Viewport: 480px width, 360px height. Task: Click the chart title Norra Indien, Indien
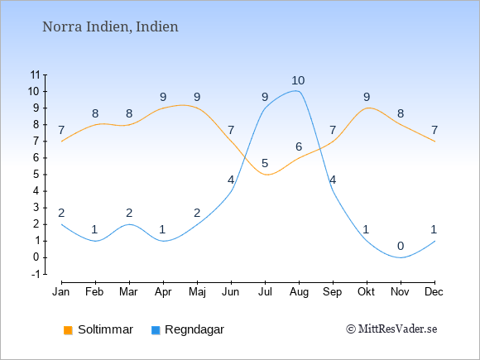[x=110, y=26]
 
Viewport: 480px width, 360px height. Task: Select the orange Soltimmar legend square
[x=68, y=330]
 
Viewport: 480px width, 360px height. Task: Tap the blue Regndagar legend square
[x=156, y=330]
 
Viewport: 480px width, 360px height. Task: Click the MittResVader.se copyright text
[x=391, y=329]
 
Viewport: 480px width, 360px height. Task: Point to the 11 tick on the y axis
[x=36, y=74]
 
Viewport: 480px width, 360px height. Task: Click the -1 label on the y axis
[x=36, y=274]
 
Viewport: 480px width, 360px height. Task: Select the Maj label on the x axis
[x=197, y=292]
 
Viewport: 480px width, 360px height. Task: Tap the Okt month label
[x=366, y=292]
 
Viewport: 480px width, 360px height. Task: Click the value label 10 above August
[x=298, y=81]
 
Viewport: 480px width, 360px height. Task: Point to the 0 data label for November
[x=401, y=246]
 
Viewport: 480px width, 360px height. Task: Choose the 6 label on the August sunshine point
[x=299, y=147]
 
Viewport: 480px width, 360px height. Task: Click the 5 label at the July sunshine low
[x=265, y=164]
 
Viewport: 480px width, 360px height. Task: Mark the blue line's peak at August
[x=296, y=90]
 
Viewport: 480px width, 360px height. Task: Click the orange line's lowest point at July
[x=267, y=175]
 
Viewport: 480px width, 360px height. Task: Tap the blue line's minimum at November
[x=401, y=257]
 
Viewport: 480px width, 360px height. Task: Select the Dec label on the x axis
[x=434, y=292]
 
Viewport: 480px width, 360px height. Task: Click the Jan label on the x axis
[x=61, y=292]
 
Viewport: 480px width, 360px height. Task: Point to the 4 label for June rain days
[x=231, y=180]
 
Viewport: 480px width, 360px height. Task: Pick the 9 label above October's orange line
[x=367, y=98]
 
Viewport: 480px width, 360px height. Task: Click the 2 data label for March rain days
[x=129, y=213]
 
